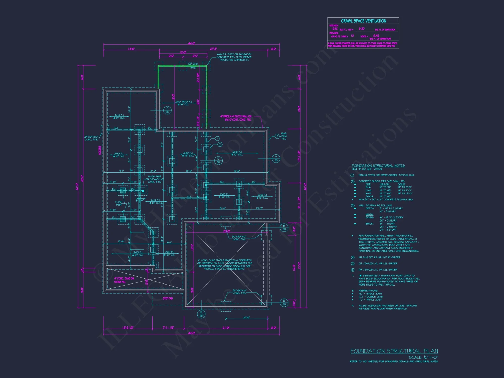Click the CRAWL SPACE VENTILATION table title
[363, 21]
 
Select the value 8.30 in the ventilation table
[362, 29]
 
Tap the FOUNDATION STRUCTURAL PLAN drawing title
[394, 351]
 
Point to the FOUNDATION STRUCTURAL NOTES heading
[378, 166]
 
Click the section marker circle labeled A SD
[276, 159]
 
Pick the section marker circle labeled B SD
[201, 314]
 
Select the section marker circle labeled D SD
[167, 110]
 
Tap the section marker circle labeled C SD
[218, 160]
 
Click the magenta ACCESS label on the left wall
[100, 150]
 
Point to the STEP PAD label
[168, 298]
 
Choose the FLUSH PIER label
[119, 203]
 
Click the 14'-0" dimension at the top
[131, 49]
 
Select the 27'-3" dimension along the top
[213, 49]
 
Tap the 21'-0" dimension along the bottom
[226, 328]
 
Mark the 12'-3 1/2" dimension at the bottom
[128, 328]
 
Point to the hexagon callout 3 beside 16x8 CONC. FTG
[277, 136]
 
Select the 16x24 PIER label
[154, 176]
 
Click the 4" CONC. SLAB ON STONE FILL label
[124, 280]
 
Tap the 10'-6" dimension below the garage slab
[247, 317]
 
